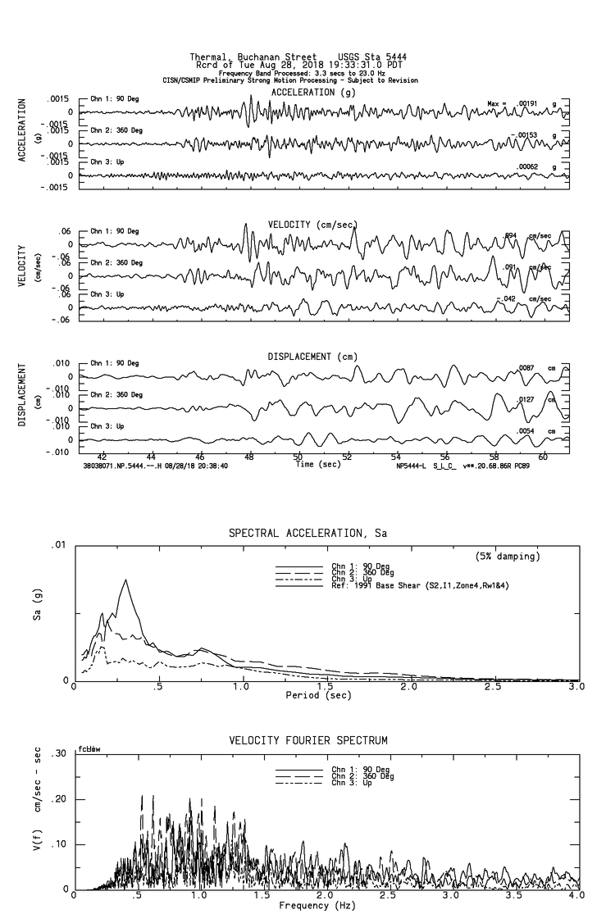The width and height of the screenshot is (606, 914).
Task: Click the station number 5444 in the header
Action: [x=394, y=57]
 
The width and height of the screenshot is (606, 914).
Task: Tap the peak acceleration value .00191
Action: [x=526, y=104]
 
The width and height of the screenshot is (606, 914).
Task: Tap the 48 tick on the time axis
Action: [x=249, y=457]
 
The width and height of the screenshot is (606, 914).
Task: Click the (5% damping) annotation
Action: [x=508, y=557]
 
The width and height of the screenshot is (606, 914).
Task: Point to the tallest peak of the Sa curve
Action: [x=125, y=580]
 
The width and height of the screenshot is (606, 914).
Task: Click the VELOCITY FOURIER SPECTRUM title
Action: [x=308, y=741]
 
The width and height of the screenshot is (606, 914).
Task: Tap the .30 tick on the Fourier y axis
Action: [x=59, y=754]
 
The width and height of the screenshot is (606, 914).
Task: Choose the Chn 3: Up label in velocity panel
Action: [x=107, y=293]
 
